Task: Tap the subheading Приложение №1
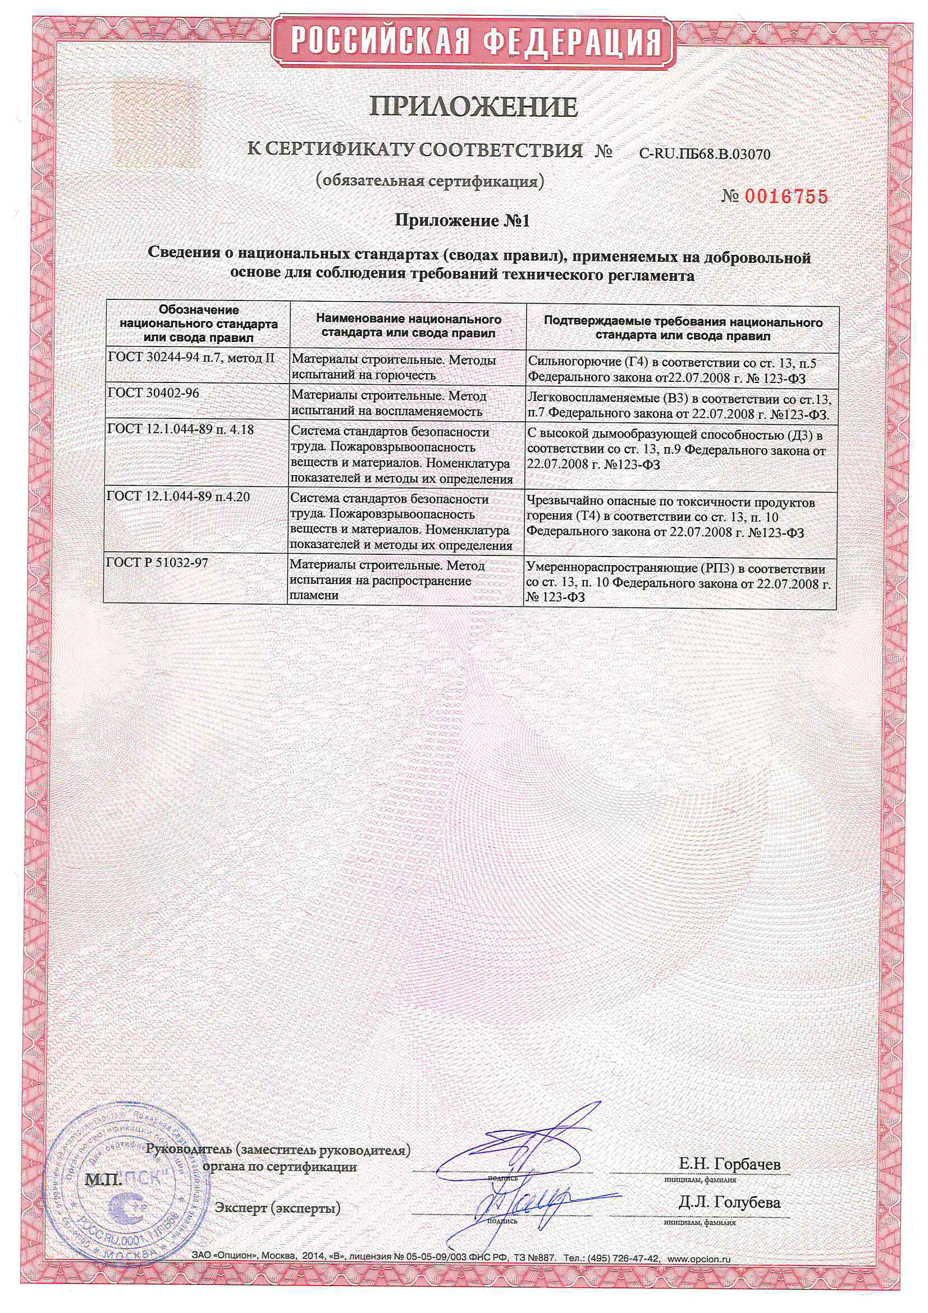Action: pos(463,221)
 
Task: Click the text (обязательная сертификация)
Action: pos(428,181)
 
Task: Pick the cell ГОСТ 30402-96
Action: pos(153,394)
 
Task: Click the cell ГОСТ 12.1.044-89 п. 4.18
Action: pos(180,429)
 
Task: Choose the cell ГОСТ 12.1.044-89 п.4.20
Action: pos(179,496)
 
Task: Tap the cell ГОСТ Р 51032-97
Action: pos(157,563)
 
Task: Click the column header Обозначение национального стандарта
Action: pos(198,323)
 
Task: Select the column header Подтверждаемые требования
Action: pos(683,329)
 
